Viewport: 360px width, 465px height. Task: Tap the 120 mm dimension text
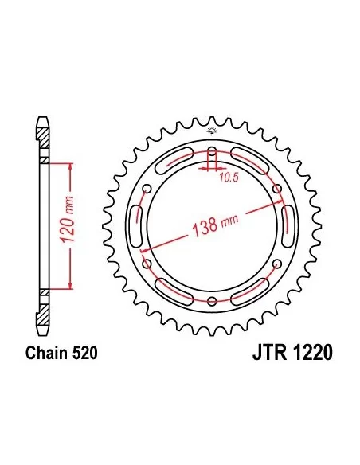pyautogui.click(x=68, y=219)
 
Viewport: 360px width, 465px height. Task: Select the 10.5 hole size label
pyautogui.click(x=229, y=178)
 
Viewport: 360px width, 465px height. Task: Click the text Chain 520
pyautogui.click(x=61, y=353)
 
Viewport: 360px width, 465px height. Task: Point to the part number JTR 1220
pyautogui.click(x=292, y=353)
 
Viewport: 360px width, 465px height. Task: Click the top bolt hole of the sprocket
pyautogui.click(x=212, y=152)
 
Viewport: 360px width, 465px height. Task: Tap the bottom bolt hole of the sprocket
pyautogui.click(x=212, y=301)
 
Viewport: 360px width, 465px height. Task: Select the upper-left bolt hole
pyautogui.click(x=147, y=189)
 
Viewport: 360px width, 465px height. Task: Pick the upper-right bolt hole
pyautogui.click(x=277, y=189)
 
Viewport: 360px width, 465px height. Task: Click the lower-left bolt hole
pyautogui.click(x=147, y=264)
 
